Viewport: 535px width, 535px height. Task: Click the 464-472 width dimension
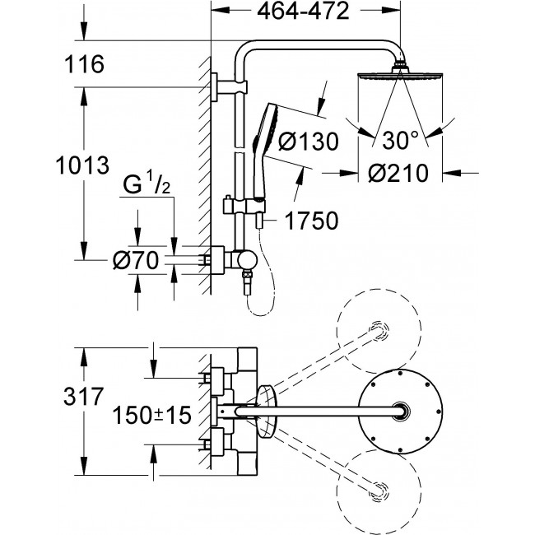[303, 12]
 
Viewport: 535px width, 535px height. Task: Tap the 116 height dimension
[84, 64]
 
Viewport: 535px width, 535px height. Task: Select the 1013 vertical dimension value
[82, 165]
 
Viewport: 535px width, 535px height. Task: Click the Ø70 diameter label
[136, 260]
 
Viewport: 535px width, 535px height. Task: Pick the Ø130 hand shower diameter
[308, 142]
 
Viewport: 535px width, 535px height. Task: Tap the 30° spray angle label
[400, 140]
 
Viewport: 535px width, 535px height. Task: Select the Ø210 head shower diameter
[398, 173]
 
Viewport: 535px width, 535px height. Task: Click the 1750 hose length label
[311, 221]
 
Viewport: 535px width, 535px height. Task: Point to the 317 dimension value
[83, 397]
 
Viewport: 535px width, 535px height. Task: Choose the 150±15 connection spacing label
[151, 415]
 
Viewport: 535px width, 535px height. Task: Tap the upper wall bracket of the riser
[228, 87]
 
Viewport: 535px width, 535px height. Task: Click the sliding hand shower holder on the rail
[244, 206]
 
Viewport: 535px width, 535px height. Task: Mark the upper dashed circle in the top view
[379, 331]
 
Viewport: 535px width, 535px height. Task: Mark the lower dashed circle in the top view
[379, 492]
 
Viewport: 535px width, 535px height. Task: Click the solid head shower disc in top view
[401, 412]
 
